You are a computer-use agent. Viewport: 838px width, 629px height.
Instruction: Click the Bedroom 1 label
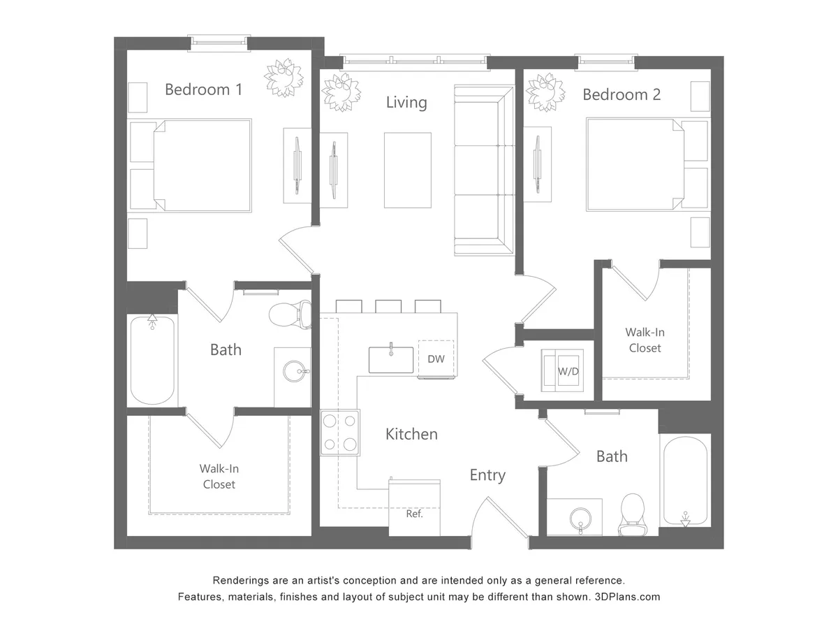pyautogui.click(x=203, y=89)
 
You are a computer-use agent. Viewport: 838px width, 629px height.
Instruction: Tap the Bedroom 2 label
pyautogui.click(x=622, y=94)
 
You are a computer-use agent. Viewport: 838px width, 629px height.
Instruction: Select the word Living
pyautogui.click(x=406, y=103)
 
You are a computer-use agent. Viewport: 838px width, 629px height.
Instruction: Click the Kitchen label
pyautogui.click(x=411, y=434)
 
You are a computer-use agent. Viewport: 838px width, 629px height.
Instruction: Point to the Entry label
pyautogui.click(x=487, y=475)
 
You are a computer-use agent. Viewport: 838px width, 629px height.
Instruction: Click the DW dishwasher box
pyautogui.click(x=436, y=359)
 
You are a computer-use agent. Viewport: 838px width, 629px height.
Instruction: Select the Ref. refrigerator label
pyautogui.click(x=414, y=514)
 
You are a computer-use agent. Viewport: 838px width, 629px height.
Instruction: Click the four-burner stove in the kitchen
pyautogui.click(x=340, y=433)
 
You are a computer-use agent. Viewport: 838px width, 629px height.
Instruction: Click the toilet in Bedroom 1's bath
pyautogui.click(x=291, y=314)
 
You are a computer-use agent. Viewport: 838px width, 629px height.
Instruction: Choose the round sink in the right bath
pyautogui.click(x=580, y=519)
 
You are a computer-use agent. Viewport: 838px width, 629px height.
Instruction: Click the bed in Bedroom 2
pyautogui.click(x=632, y=164)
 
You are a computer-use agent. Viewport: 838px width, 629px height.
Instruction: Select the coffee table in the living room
pyautogui.click(x=407, y=170)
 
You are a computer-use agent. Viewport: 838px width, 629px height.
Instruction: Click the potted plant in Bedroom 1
pyautogui.click(x=283, y=78)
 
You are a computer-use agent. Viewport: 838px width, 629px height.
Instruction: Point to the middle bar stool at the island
pyautogui.click(x=388, y=306)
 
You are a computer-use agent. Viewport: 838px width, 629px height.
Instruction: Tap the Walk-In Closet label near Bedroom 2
pyautogui.click(x=644, y=340)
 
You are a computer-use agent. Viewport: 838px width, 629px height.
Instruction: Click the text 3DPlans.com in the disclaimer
pyautogui.click(x=626, y=597)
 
